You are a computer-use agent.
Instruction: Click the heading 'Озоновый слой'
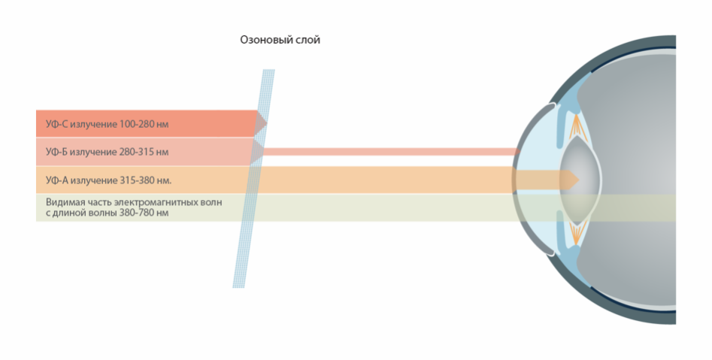coord(280,40)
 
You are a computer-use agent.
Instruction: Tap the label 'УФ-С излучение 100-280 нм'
coord(108,124)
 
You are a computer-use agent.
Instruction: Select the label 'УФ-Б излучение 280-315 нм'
coord(108,152)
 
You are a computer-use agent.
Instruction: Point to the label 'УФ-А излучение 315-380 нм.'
coord(108,180)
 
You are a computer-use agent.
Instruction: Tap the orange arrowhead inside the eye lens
coord(571,180)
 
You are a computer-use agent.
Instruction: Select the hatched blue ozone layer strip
coord(254,178)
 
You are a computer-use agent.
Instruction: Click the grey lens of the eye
coord(580,180)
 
